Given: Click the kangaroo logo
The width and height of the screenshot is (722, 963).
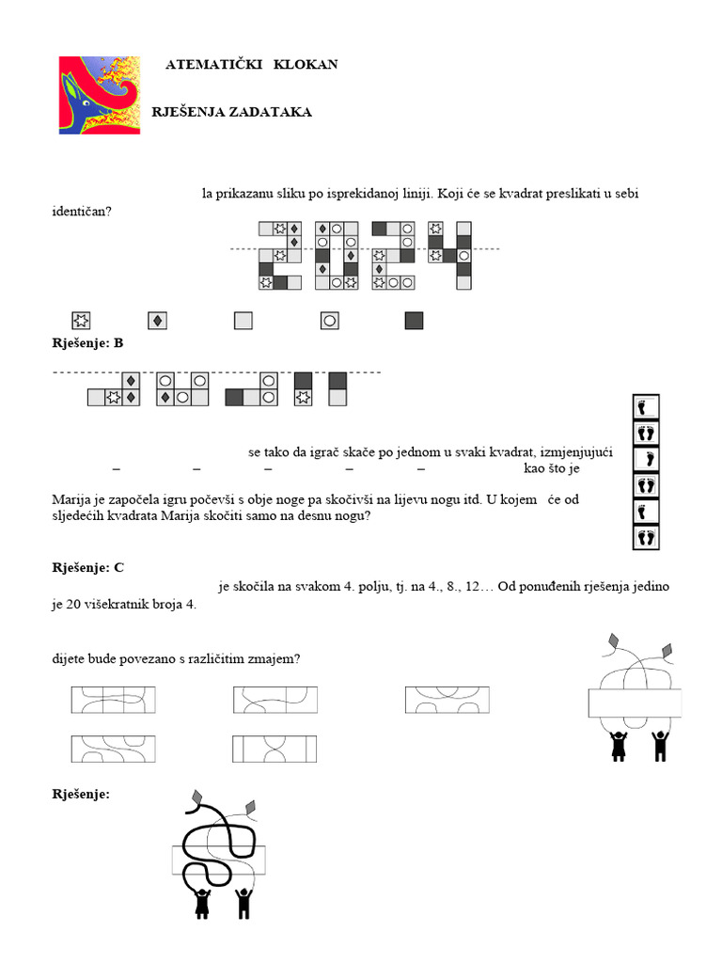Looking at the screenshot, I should coord(99,95).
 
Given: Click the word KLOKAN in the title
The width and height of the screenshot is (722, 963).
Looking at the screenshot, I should coord(306,64).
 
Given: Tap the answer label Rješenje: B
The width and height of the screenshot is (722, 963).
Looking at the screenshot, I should coord(87,343).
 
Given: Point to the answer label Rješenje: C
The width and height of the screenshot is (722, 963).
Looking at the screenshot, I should coord(87,567).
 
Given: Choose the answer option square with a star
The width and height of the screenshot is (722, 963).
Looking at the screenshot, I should coord(80,321).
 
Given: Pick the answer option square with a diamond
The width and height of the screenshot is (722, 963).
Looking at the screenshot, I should coord(159,321).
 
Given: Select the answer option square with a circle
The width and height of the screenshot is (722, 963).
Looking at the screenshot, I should coord(329,321).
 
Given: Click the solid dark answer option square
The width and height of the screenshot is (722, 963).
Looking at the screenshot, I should coord(414,321).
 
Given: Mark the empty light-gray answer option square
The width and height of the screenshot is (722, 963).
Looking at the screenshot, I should coord(243,321).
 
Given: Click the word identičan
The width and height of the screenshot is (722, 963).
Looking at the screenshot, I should coord(81,211).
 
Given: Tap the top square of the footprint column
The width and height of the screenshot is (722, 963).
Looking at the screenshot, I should coord(646,407).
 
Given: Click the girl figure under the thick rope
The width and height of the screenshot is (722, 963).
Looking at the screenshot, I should coord(201,902).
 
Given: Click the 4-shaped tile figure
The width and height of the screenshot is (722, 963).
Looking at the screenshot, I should coord(450,255).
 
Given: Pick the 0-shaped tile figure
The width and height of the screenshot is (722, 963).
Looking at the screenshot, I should coord(337,255).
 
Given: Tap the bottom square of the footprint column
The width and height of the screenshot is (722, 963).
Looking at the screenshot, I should coord(646,538).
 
